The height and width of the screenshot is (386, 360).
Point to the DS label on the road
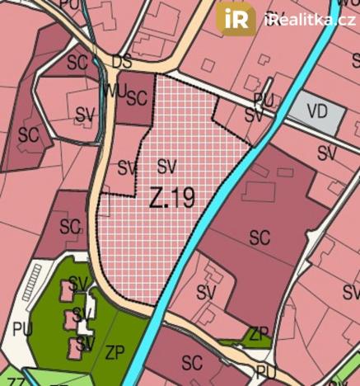click(x=122, y=63)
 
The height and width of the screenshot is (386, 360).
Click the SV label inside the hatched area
click(x=167, y=165)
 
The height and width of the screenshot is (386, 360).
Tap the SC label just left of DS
click(x=77, y=63)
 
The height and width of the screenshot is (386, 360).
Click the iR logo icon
click(x=236, y=18)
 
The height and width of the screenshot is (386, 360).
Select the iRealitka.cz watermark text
click(x=310, y=20)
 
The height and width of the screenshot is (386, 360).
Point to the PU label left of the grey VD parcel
click(x=264, y=98)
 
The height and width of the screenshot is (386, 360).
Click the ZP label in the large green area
click(x=115, y=351)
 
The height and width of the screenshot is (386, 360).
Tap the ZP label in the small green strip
click(x=259, y=334)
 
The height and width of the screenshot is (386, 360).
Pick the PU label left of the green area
click(x=22, y=327)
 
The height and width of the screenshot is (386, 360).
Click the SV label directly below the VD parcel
click(x=327, y=153)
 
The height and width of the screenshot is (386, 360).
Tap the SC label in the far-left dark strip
click(x=29, y=134)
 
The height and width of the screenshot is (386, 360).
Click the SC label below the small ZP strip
click(x=192, y=362)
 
